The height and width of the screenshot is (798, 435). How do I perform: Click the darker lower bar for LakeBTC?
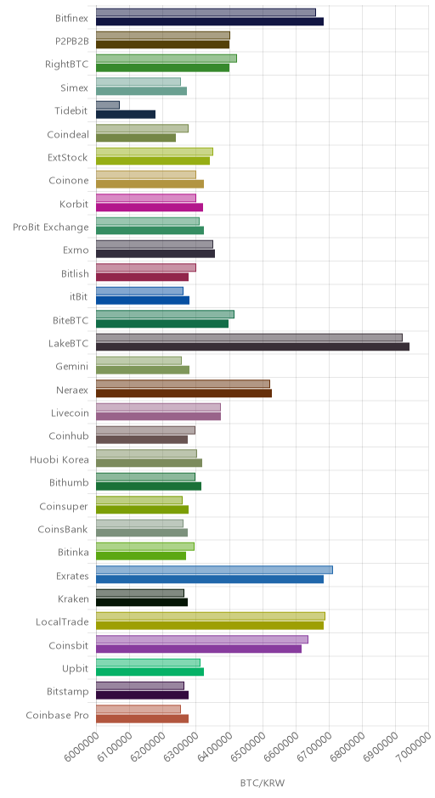click(252, 346)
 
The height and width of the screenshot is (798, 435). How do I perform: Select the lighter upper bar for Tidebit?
click(108, 104)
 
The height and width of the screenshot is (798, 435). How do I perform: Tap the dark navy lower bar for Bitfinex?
click(210, 21)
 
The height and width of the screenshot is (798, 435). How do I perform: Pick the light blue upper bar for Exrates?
click(214, 570)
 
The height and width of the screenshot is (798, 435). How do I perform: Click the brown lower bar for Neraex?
click(184, 393)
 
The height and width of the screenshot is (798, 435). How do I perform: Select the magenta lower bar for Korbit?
click(150, 207)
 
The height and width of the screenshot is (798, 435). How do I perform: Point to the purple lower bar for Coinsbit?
click(199, 649)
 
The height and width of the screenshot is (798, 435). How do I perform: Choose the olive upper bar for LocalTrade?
click(211, 616)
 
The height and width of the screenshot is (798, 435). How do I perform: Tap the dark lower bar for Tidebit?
click(126, 115)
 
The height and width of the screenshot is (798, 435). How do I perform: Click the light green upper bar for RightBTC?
click(167, 59)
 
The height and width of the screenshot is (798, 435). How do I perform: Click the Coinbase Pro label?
click(57, 715)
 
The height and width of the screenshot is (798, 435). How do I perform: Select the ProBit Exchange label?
click(51, 227)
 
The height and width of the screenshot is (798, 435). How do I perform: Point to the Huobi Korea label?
click(59, 459)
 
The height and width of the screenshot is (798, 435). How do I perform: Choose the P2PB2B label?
click(72, 42)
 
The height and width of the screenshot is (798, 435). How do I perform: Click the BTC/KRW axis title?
click(263, 783)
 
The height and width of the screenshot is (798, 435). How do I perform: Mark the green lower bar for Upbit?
click(150, 672)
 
